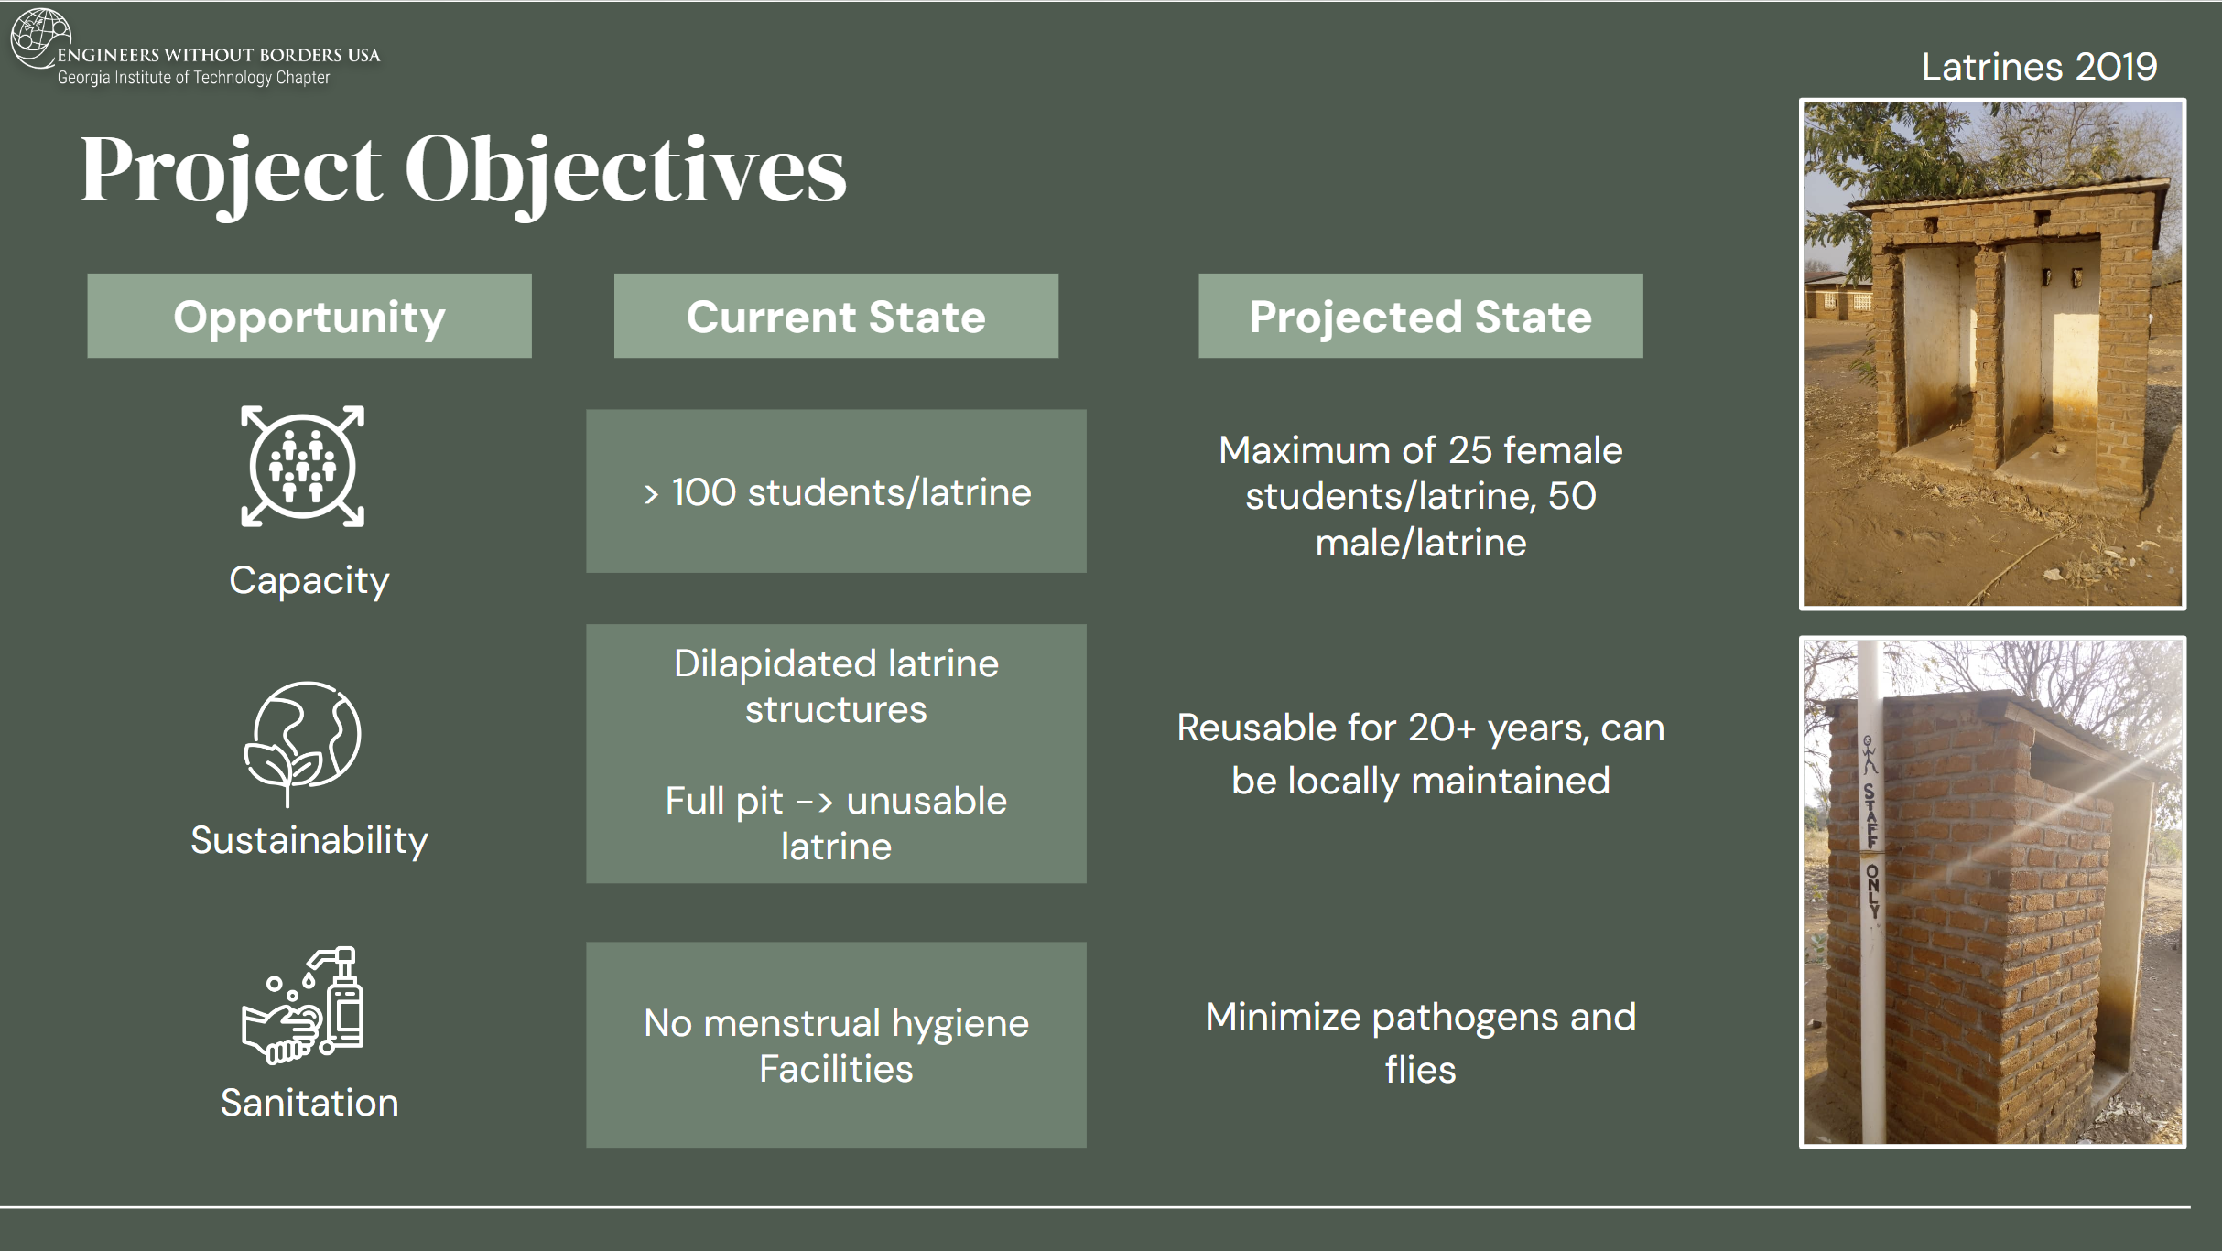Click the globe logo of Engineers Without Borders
coord(40,38)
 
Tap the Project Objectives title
coord(463,170)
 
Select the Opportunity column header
coord(309,316)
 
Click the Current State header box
coord(836,316)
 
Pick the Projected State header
coord(1420,316)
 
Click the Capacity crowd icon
coord(303,467)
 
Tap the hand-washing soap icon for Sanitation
coord(303,1005)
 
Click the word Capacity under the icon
coord(309,580)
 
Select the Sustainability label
coord(309,840)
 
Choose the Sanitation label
coord(309,1103)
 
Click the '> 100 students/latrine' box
coord(836,491)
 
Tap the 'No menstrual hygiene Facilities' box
coord(836,1045)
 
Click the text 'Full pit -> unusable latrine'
coord(836,824)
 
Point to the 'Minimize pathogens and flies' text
coord(1420,1043)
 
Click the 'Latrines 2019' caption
coord(2039,67)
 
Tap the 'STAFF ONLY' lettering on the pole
coord(1870,851)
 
